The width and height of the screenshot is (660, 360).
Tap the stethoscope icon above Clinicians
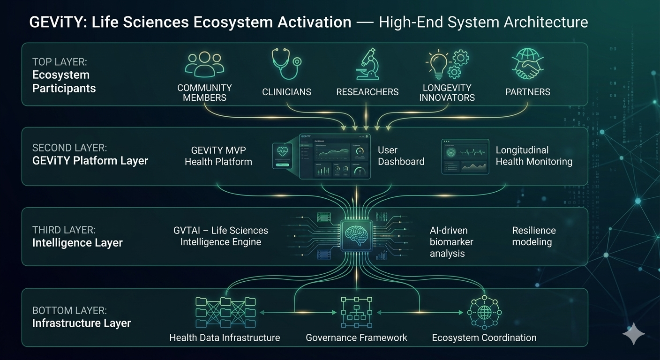click(285, 65)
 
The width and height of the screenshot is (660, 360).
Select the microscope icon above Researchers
click(367, 64)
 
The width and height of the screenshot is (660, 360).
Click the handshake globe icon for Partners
click(527, 65)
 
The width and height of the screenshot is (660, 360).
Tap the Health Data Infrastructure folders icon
click(225, 312)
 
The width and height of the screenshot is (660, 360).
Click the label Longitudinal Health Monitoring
click(534, 156)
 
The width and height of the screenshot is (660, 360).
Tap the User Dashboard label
click(401, 156)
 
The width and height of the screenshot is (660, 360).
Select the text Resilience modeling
click(533, 236)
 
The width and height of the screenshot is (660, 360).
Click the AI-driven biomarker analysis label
click(451, 242)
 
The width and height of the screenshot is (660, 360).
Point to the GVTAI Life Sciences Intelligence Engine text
click(221, 236)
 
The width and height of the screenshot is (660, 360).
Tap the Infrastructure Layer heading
click(82, 323)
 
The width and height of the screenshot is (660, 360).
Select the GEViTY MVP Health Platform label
click(218, 156)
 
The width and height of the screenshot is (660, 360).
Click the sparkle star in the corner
click(634, 334)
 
